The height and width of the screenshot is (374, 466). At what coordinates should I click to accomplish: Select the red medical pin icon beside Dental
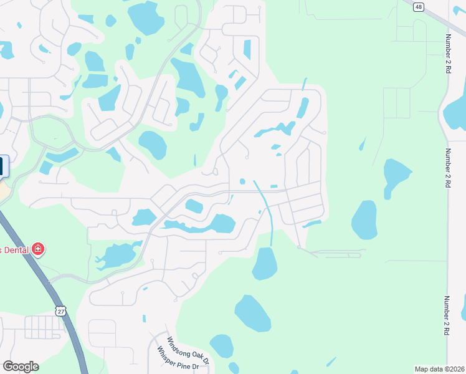(38, 249)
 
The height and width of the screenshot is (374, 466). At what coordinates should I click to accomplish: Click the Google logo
(21, 367)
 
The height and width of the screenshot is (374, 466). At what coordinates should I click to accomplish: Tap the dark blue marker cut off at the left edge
(1, 166)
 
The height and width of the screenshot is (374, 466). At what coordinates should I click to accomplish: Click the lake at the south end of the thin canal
(264, 263)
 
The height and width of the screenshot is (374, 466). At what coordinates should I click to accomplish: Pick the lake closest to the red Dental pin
(116, 255)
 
